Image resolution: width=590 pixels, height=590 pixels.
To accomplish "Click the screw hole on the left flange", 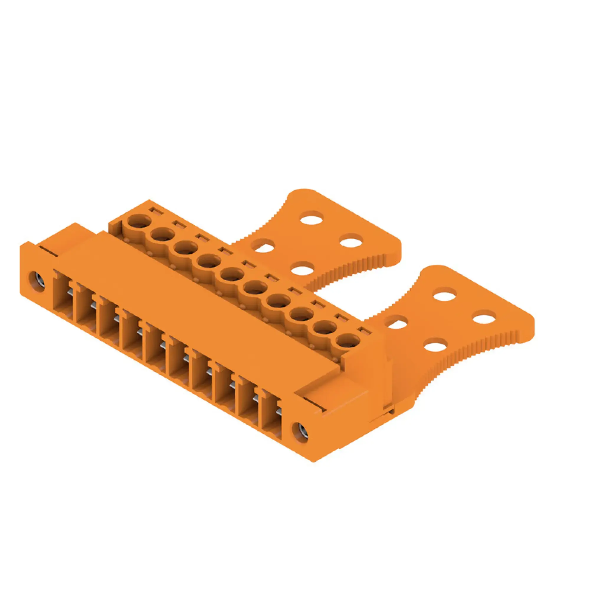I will pyautogui.click(x=37, y=278).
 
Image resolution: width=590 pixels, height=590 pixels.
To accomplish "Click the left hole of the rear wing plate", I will pyautogui.click(x=264, y=246).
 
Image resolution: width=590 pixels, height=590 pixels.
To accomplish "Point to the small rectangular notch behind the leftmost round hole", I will pyautogui.click(x=155, y=211).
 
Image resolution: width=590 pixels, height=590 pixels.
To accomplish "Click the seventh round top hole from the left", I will pyautogui.click(x=278, y=301).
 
